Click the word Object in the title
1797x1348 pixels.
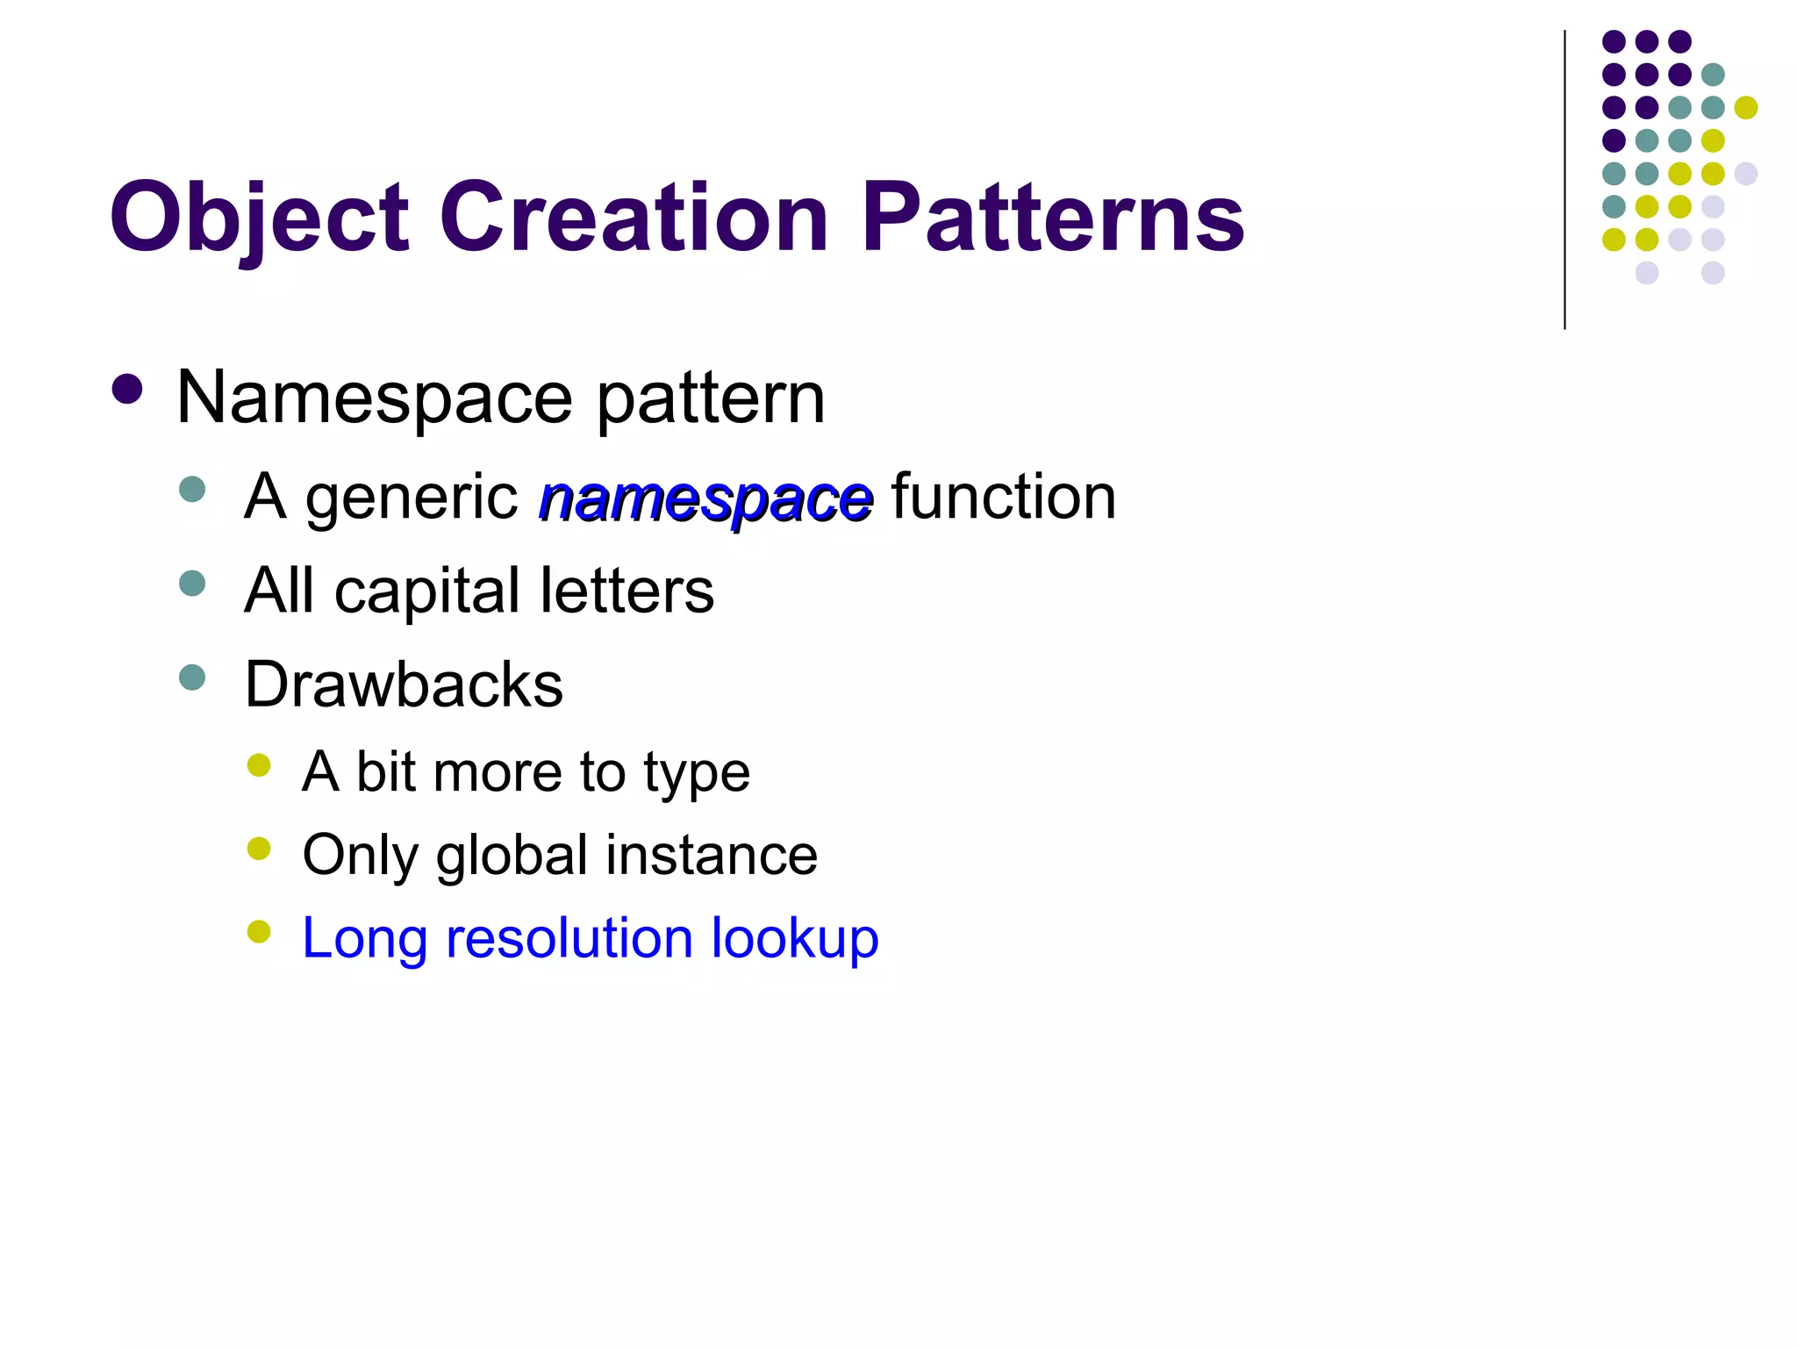tap(260, 218)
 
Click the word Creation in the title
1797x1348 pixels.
tap(634, 218)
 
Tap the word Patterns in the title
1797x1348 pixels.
tap(1052, 218)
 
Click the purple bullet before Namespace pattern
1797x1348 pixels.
tap(128, 390)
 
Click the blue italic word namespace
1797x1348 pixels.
tap(705, 498)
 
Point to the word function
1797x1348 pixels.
tap(1003, 497)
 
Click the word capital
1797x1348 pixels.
tap(428, 592)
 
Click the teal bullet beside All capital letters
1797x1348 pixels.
tap(192, 584)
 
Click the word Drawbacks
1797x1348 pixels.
tap(404, 685)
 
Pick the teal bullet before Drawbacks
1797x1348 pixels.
tap(192, 678)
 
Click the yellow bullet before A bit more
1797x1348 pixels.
tap(259, 765)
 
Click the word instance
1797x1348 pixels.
tap(712, 855)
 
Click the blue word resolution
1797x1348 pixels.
tap(569, 938)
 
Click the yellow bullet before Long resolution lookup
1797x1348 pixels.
tap(259, 931)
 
